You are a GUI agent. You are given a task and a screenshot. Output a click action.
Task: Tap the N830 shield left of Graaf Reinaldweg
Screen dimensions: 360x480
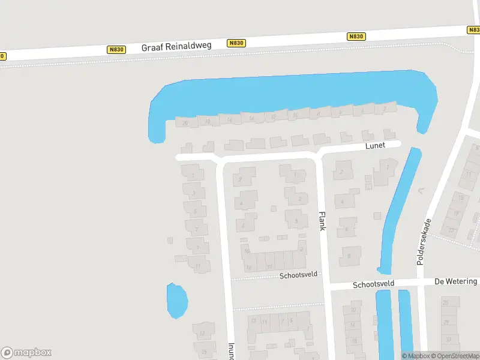[116, 50]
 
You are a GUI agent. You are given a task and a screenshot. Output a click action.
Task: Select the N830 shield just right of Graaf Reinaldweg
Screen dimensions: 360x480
[236, 43]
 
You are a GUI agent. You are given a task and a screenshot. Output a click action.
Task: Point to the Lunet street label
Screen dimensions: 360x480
[375, 146]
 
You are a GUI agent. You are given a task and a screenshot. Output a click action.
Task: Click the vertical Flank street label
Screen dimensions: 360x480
[322, 221]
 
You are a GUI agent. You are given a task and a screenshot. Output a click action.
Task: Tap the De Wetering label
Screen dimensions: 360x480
[455, 281]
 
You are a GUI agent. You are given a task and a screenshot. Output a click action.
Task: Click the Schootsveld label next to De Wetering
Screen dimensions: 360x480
[373, 284]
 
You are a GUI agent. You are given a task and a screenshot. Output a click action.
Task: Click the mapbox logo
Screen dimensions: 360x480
[26, 353]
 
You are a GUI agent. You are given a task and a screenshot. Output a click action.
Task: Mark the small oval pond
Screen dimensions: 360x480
[176, 301]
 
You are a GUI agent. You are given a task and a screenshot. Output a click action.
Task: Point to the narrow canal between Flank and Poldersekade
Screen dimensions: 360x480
[398, 210]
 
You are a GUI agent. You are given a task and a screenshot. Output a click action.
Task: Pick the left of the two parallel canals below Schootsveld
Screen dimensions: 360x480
[383, 324]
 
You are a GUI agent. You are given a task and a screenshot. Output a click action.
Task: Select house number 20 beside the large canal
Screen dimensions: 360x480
[185, 123]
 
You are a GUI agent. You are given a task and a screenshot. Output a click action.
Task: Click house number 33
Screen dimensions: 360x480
[450, 229]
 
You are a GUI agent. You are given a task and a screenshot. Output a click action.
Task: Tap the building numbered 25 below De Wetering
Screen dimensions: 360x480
[446, 302]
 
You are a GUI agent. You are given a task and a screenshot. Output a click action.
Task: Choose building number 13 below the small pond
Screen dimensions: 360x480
[203, 333]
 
